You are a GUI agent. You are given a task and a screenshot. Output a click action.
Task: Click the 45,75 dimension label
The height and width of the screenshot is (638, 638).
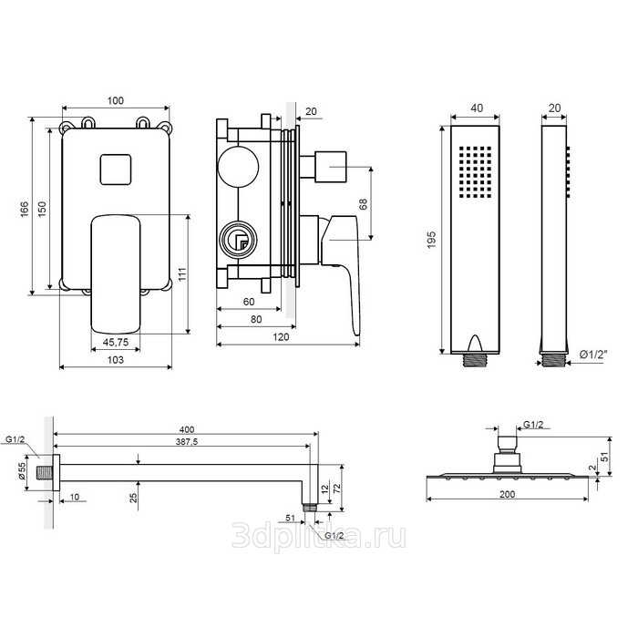[x=116, y=342]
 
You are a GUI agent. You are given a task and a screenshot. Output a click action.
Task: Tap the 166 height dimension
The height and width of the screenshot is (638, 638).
[x=25, y=209]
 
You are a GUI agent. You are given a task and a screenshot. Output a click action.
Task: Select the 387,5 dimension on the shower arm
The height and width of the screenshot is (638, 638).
[x=187, y=441]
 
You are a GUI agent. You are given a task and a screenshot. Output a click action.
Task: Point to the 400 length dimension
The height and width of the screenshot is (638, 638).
[x=187, y=429]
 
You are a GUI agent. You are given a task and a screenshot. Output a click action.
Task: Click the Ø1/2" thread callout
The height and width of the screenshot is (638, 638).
[x=593, y=355]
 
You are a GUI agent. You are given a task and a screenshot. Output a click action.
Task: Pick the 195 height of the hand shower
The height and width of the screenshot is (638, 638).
[x=432, y=240]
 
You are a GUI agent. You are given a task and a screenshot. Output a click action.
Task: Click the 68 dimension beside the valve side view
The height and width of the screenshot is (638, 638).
[x=364, y=204]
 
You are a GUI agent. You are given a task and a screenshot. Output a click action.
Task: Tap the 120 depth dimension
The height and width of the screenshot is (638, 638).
[x=281, y=337]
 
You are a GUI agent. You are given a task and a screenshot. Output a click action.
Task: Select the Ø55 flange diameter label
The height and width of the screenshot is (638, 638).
[x=22, y=471]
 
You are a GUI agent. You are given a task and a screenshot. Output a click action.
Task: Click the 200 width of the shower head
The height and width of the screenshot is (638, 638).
[x=507, y=494]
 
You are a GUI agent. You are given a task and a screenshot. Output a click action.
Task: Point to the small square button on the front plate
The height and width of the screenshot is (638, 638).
[x=116, y=170]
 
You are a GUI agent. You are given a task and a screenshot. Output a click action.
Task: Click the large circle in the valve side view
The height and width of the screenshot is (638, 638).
[x=238, y=167]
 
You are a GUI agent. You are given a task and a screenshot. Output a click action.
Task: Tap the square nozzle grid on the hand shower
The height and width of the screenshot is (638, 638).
[x=475, y=172]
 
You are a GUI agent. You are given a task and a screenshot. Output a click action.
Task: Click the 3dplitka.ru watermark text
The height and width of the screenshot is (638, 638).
[x=319, y=536]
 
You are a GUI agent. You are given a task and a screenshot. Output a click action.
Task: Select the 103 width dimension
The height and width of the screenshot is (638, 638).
[x=116, y=360]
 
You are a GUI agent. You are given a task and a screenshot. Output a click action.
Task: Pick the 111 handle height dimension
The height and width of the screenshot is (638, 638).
[x=181, y=273]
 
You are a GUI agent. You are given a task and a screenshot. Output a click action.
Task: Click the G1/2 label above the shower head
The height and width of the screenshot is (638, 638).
[x=533, y=425]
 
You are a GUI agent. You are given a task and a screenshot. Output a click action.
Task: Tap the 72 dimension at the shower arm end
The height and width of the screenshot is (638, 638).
[x=337, y=489]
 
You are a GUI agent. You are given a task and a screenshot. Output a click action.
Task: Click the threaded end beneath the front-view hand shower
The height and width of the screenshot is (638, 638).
[x=475, y=361]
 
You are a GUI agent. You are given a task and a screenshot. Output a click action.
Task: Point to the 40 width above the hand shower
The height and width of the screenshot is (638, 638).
[x=477, y=108]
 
